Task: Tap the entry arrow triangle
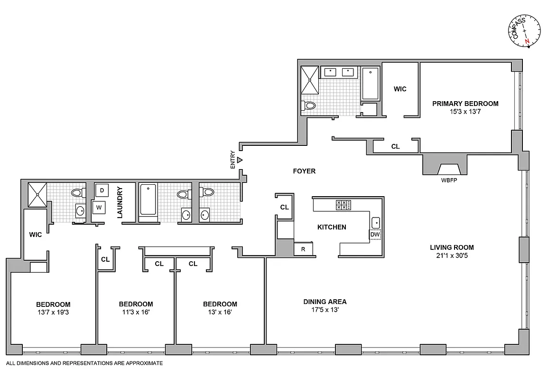240,160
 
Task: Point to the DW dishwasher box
375,235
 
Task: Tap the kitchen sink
375,222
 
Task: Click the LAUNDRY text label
120,202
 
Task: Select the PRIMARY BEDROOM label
465,104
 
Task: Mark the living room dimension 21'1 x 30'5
452,256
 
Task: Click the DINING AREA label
325,302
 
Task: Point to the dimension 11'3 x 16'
136,312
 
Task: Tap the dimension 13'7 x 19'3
53,312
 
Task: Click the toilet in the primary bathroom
309,105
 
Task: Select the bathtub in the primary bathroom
370,84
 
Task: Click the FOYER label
304,171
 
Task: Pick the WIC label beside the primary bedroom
400,89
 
